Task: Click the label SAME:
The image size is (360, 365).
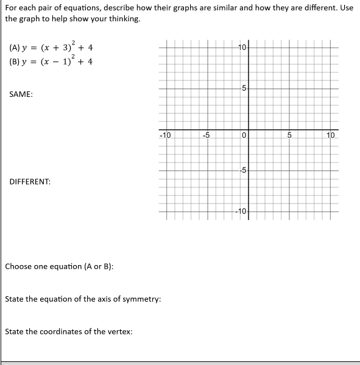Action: click(21, 95)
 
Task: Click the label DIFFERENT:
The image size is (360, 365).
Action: click(30, 182)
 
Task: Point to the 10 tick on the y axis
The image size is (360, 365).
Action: click(242, 48)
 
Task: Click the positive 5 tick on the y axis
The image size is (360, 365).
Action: click(242, 88)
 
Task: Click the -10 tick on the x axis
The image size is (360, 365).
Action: click(165, 135)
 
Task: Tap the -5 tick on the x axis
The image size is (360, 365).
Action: click(206, 135)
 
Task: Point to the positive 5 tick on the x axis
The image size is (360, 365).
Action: click(290, 135)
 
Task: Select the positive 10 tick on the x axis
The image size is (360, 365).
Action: click(331, 135)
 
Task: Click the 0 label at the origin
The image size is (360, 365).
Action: click(242, 135)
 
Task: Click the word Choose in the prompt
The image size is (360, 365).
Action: click(19, 266)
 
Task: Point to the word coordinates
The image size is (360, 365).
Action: click(67, 332)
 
